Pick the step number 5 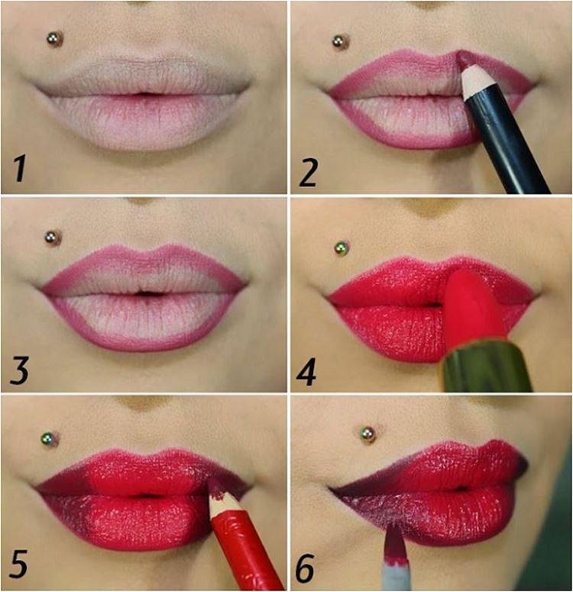(x=18, y=563)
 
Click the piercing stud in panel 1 (x=54, y=39)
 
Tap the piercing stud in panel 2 (x=340, y=42)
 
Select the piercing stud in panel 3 (x=52, y=238)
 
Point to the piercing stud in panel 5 (x=50, y=439)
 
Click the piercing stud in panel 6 (x=367, y=434)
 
